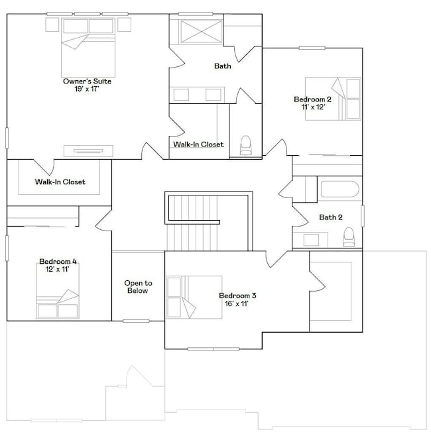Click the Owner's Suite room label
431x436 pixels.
(87, 82)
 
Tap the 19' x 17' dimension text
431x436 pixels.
(87, 89)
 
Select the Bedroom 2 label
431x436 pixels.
(312, 99)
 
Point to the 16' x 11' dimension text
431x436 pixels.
(237, 303)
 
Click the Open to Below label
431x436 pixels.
(138, 287)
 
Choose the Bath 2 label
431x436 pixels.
(331, 217)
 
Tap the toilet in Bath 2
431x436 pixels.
(349, 237)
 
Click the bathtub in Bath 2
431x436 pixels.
(339, 189)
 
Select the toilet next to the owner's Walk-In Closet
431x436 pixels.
(246, 145)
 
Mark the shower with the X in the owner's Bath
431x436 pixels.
(201, 32)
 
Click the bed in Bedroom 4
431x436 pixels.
(58, 291)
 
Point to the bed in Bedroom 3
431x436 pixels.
(194, 297)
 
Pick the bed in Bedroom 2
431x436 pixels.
(333, 99)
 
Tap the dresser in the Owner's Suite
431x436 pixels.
(88, 151)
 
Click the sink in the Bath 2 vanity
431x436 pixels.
(311, 240)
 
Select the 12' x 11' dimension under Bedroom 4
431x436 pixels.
(57, 269)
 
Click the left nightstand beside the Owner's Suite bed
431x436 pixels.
(52, 25)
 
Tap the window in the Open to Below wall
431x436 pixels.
(136, 321)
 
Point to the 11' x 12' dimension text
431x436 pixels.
(313, 107)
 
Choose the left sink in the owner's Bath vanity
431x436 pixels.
(181, 95)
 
